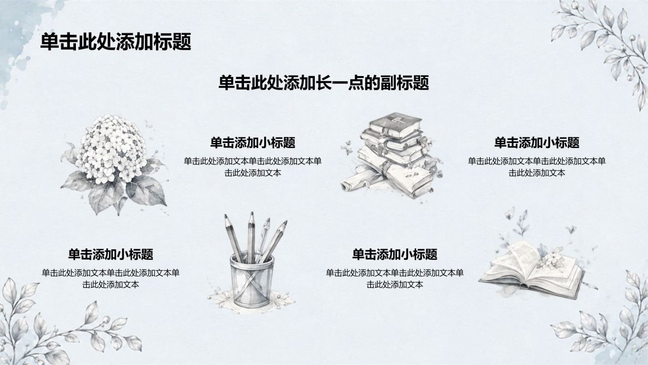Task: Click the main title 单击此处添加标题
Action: click(x=116, y=42)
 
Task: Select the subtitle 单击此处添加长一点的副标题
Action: click(x=323, y=83)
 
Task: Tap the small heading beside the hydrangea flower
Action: click(x=253, y=143)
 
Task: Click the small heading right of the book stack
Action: click(x=537, y=143)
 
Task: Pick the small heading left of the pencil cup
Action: click(x=110, y=254)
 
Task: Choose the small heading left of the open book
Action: click(x=394, y=254)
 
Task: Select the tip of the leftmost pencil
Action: click(x=225, y=216)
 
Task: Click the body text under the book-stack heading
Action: click(x=537, y=167)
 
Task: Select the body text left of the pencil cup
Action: click(x=110, y=279)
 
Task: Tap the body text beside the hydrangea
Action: click(x=253, y=167)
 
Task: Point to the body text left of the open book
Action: click(x=394, y=279)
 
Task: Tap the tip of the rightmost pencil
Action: click(x=286, y=223)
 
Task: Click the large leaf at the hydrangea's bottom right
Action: click(x=146, y=190)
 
